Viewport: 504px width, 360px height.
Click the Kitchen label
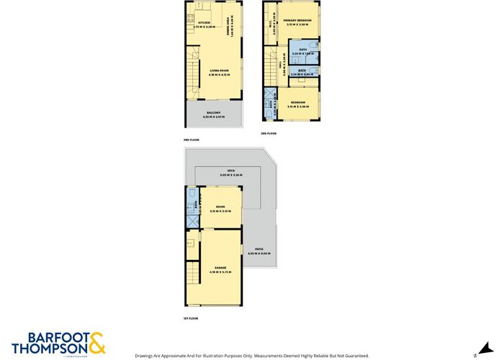204,23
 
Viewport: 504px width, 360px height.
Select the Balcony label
213,113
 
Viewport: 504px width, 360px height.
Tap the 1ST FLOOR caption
190,318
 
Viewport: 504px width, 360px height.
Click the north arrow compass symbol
476,354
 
